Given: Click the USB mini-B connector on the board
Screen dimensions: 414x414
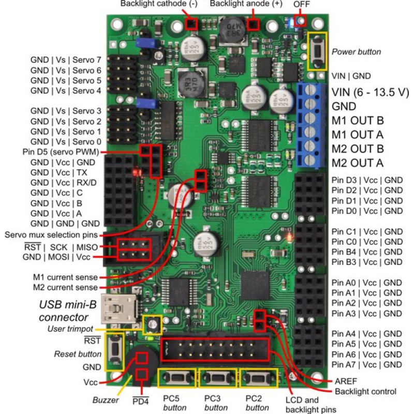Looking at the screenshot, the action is pos(120,308).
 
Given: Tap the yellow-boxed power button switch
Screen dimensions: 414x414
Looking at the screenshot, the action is pos(317,51).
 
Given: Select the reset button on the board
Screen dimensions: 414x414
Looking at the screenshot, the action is pos(114,352).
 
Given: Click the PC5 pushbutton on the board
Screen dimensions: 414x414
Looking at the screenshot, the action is pos(177,378).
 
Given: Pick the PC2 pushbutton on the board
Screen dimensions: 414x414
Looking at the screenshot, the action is pos(258,378).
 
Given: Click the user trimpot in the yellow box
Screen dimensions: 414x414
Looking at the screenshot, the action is pos(152,324).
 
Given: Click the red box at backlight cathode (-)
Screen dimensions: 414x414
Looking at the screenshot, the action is pos(191,24).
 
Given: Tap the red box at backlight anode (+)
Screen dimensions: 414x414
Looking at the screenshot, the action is pos(253,24).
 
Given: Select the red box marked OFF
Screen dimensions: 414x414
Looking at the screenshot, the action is pos(300,20).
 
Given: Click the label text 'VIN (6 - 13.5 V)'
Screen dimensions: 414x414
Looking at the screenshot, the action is pos(370,92).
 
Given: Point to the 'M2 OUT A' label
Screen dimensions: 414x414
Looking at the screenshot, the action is pos(358,163).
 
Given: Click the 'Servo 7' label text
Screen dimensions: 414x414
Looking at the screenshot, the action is pos(87,60).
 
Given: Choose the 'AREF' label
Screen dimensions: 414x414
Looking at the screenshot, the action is pos(346,381).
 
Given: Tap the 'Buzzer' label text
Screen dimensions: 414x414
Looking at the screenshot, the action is pos(106,400).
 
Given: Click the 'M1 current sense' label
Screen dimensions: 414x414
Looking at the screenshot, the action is pos(65,277).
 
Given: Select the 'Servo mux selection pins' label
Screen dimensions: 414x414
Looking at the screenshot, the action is pos(51,235).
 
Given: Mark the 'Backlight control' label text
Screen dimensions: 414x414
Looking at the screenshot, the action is pos(365,392).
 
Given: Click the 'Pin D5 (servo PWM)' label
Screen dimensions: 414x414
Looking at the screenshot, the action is pos(61,152).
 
